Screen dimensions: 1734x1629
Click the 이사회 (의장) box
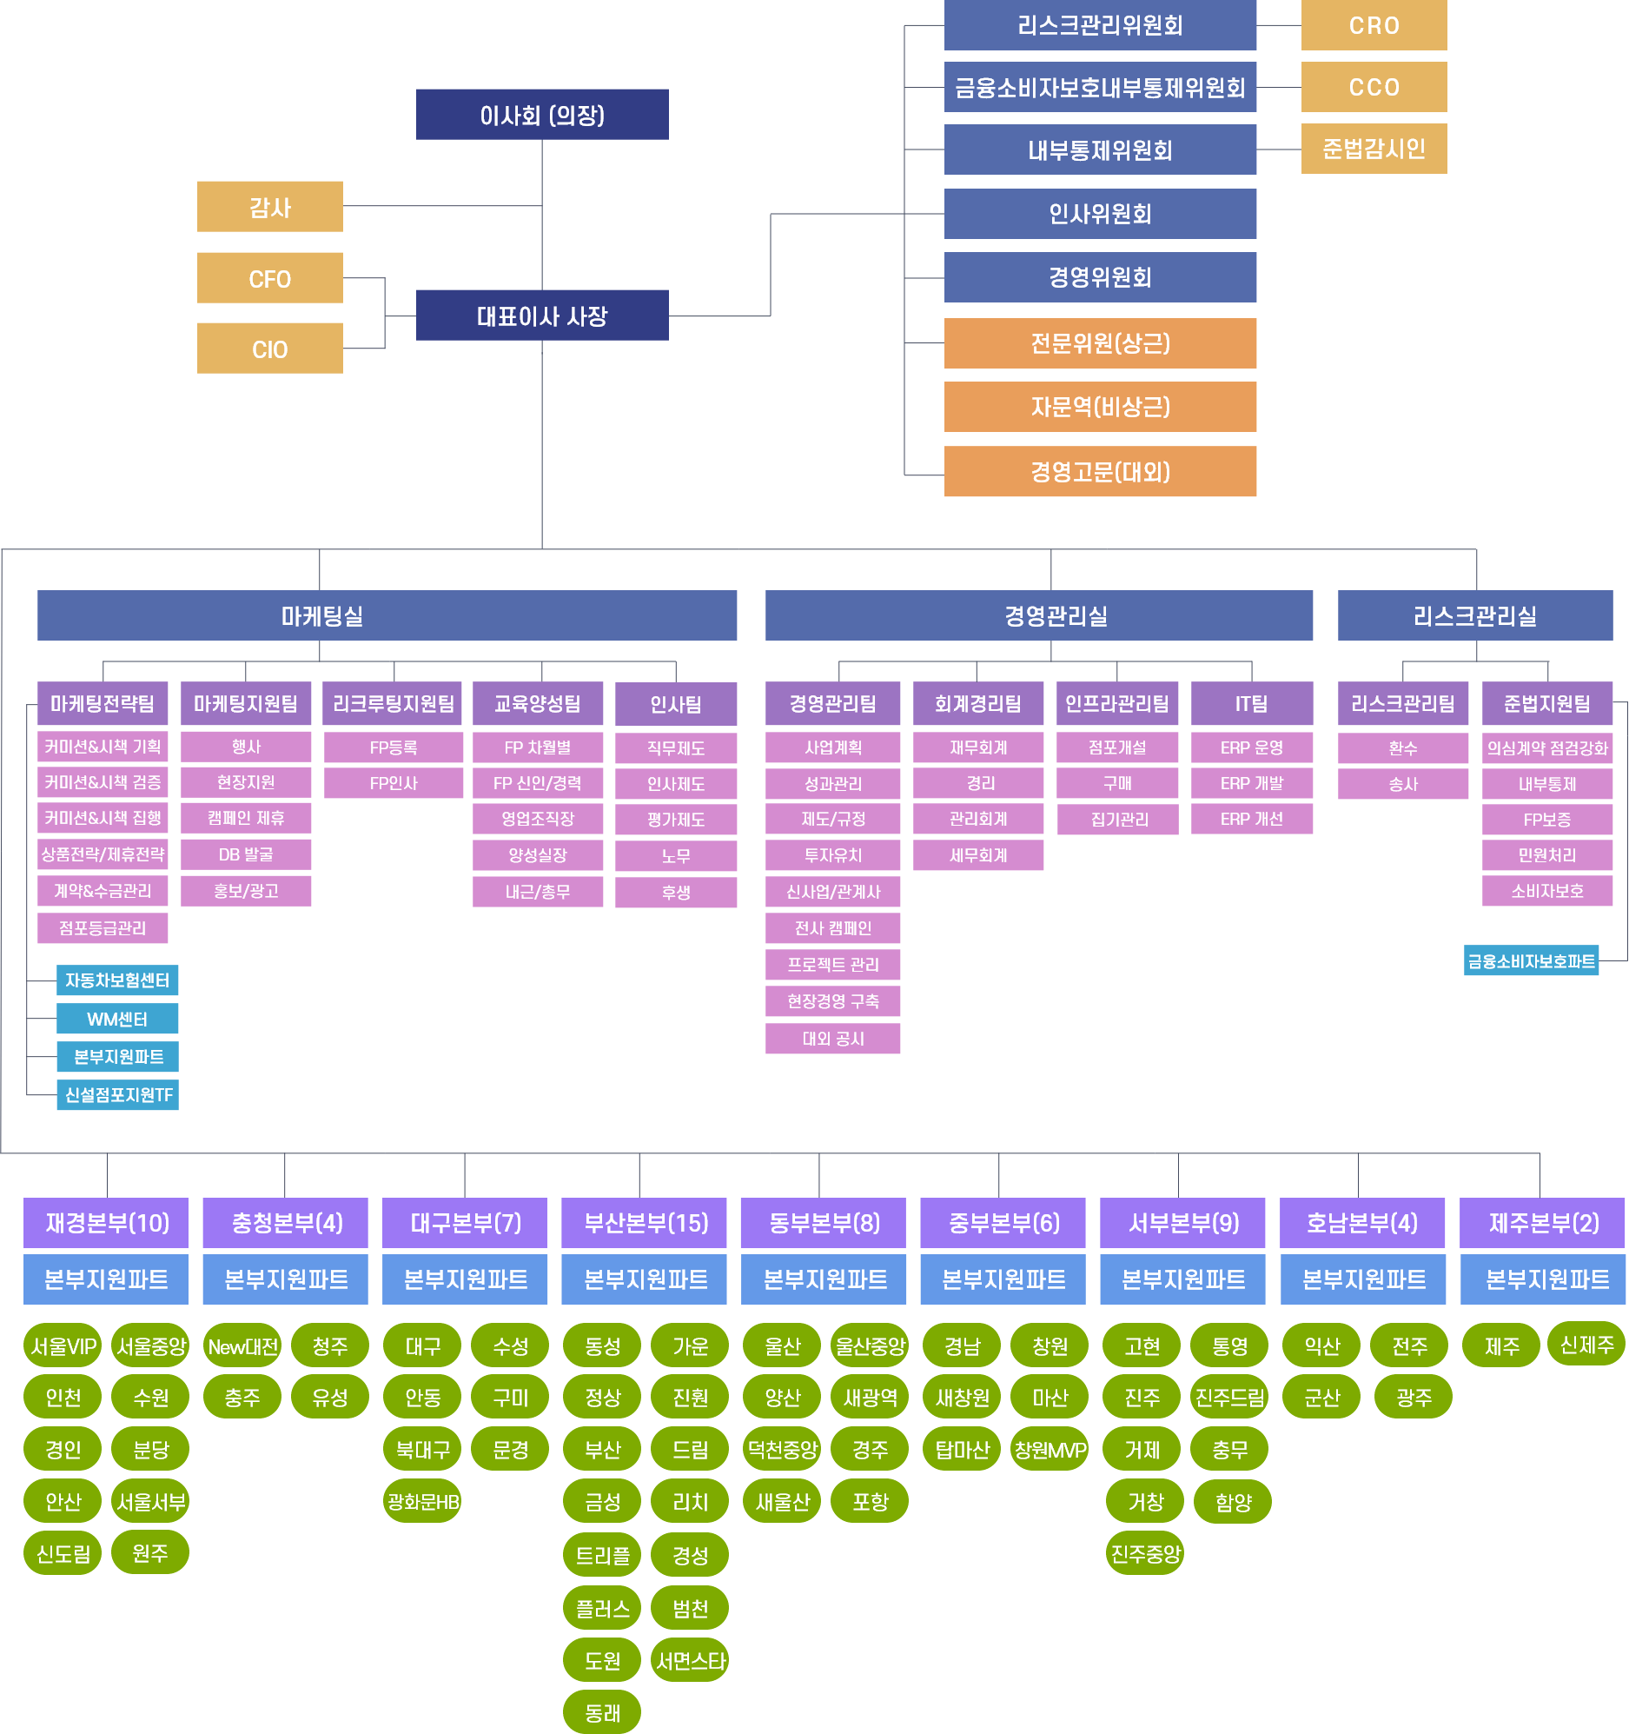541,114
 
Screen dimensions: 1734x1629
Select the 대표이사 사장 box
541,315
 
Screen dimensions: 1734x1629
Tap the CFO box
269,278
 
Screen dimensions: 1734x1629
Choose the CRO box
1374,25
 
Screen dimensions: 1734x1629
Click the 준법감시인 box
1374,149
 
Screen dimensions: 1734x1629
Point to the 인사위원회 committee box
1100,214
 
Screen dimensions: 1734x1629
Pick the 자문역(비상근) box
1100,407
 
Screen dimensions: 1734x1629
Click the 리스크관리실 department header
1474,615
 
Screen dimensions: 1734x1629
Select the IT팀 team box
1251,704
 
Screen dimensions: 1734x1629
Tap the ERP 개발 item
1251,783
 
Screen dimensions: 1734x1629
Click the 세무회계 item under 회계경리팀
977,855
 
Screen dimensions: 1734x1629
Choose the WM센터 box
117,1019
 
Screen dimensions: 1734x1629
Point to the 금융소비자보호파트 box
1531,961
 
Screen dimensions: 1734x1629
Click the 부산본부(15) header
644,1223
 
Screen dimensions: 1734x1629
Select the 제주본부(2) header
1543,1223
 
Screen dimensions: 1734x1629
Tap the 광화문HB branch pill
422,1501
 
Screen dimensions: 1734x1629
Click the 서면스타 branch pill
690,1661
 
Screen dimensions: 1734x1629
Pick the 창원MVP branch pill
1050,1450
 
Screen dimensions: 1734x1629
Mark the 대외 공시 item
833,1039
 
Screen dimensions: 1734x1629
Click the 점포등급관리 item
102,928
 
